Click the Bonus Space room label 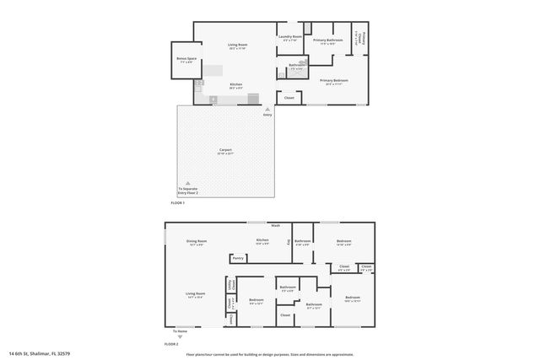click(186, 61)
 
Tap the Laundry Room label click(290, 38)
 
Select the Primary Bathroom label click(327, 40)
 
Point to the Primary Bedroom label click(336, 82)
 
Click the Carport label click(224, 152)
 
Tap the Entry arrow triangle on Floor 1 click(267, 109)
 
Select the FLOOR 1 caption click(177, 203)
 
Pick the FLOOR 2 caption click(171, 344)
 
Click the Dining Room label click(197, 243)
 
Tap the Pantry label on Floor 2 click(238, 258)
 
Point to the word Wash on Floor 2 click(275, 226)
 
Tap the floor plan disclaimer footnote click(270, 354)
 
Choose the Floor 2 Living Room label click(197, 295)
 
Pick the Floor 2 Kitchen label click(262, 241)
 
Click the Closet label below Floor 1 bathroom click(289, 98)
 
